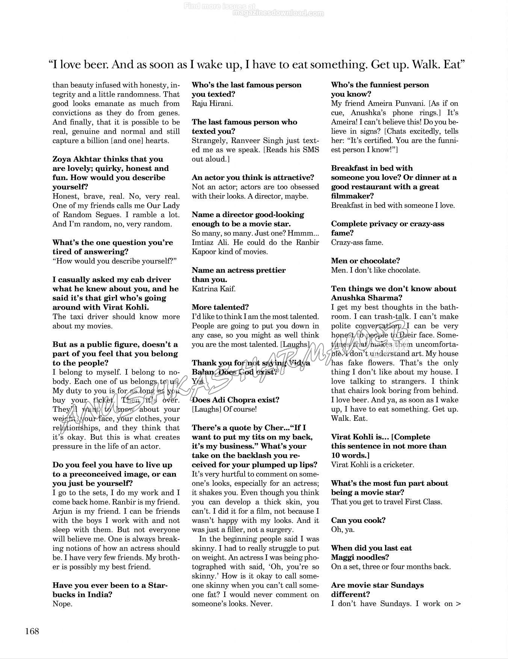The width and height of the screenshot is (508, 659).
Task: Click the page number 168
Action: (x=32, y=631)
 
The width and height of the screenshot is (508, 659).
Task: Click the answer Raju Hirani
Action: (x=212, y=103)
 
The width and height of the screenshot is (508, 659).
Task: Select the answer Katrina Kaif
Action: (x=213, y=289)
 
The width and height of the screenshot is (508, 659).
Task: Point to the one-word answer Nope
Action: (x=62, y=604)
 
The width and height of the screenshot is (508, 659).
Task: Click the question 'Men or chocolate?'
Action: (x=365, y=261)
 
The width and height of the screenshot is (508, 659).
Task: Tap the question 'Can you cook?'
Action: (x=358, y=520)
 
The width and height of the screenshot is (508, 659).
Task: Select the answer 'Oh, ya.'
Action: (x=343, y=530)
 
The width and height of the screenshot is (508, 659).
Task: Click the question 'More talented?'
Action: (x=220, y=307)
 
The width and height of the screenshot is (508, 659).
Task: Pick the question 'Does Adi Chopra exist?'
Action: (x=235, y=400)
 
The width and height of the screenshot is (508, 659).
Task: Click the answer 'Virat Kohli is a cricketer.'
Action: (x=372, y=465)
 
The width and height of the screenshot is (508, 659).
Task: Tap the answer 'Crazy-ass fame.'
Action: (x=357, y=242)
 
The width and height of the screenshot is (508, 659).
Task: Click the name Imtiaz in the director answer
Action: (x=203, y=242)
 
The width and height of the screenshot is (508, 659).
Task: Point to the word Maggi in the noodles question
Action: (x=343, y=558)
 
